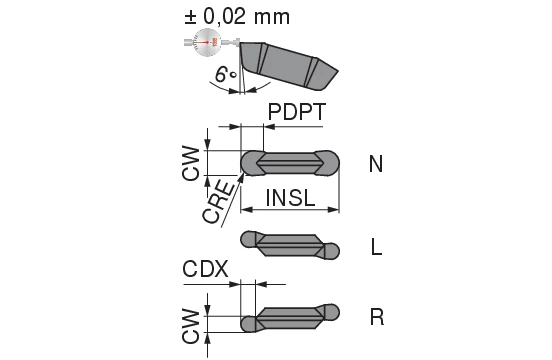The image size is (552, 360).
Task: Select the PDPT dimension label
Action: (297, 112)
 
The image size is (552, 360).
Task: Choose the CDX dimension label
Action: (206, 269)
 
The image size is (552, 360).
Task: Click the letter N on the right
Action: (376, 163)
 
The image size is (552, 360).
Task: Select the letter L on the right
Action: (376, 247)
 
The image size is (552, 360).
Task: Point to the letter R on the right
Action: (376, 317)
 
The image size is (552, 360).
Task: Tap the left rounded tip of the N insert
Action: (250, 162)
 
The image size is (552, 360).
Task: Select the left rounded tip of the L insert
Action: (250, 240)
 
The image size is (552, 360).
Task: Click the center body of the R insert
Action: (289, 319)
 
